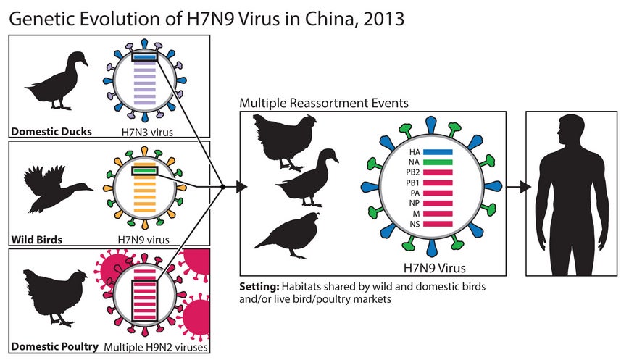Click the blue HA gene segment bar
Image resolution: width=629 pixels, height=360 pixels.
[x=438, y=152]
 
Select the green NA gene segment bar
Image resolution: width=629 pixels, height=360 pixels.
[x=438, y=162]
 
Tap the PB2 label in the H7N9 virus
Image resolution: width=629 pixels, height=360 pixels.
[x=413, y=173]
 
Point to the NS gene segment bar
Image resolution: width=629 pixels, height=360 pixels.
[x=438, y=224]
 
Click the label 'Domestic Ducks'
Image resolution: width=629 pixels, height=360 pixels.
[x=51, y=132]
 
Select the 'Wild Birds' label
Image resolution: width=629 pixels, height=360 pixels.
[x=36, y=240]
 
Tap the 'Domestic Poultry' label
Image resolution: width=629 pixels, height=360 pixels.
[x=54, y=346]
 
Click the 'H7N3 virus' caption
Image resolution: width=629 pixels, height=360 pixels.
[x=147, y=132]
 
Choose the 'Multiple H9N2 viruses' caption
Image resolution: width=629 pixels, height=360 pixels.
[x=156, y=347]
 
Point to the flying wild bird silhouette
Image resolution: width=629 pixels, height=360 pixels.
[x=57, y=188]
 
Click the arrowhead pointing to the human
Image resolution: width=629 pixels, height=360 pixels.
[x=525, y=187]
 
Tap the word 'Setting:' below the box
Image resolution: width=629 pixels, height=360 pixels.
[x=259, y=287]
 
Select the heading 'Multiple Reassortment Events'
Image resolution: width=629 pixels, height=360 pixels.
[x=324, y=103]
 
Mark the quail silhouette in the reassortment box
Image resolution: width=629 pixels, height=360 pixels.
[x=288, y=235]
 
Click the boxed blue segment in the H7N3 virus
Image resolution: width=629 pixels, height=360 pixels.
[x=145, y=57]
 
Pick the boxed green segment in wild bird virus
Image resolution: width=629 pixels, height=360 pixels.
[x=145, y=171]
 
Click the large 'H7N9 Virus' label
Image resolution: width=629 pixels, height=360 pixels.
[x=434, y=267]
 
